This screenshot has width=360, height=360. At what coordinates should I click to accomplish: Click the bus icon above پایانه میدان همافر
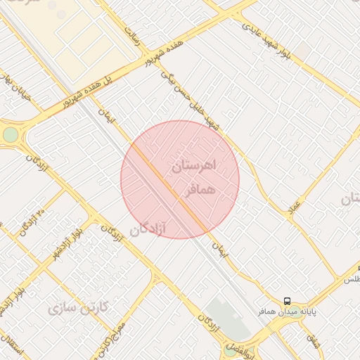coord(286,301)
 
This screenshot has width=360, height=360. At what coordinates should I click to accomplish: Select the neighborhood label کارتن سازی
coord(79,307)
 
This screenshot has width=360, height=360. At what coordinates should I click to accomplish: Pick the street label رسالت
coord(132,38)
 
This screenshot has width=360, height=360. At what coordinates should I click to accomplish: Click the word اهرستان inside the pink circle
coord(195,168)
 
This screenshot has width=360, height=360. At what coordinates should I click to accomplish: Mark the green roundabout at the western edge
coord(10,134)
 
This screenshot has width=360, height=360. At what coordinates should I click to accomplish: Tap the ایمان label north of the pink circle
coord(108,113)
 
